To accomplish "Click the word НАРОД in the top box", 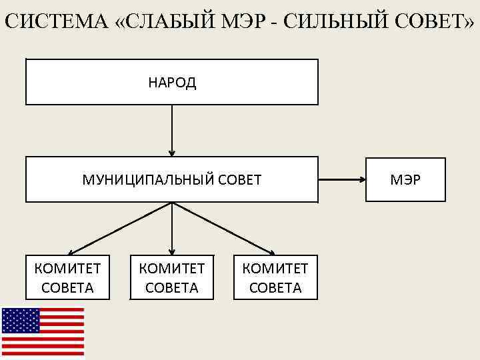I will click(172, 83).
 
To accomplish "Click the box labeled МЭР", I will click(405, 179).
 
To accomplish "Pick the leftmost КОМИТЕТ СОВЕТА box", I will click(67, 277).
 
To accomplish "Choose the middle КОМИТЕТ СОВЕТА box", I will click(171, 277).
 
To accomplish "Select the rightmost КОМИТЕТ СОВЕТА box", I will click(275, 277).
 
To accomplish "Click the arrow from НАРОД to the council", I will click(172, 130).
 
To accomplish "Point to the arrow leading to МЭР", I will click(341, 179).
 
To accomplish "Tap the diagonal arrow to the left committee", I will click(120, 229).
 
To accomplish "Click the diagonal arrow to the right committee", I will click(224, 229).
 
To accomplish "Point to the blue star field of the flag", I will click(21, 320).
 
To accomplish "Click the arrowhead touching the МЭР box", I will click(361, 179).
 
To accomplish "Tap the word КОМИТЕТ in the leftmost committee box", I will click(67, 269).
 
